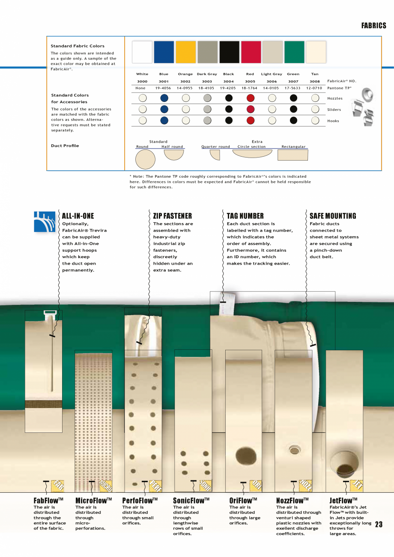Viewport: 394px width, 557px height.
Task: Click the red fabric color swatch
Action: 251,52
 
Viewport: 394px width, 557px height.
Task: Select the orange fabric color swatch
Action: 186,52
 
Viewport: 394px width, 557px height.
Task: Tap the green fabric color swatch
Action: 294,52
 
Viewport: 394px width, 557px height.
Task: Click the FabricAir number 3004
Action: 229,81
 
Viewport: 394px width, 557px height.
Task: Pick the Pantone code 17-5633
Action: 293,88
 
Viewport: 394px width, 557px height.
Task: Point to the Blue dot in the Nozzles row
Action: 164,98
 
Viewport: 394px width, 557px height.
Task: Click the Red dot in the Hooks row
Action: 251,121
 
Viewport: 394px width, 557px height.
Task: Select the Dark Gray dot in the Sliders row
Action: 207,109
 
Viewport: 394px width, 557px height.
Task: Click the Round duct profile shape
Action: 145,160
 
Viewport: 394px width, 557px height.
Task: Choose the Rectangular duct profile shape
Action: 293,155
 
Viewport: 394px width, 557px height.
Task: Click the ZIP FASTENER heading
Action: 173,216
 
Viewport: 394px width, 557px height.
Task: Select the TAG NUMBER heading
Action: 245,216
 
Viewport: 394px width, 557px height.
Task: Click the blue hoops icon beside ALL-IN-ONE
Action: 45,221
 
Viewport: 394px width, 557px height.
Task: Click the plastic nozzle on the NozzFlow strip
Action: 295,450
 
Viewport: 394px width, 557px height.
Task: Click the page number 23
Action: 379,525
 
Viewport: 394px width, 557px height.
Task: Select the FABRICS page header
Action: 373,26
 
